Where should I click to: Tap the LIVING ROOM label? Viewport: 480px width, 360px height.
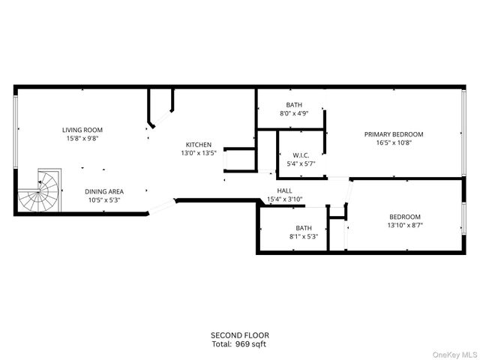[x=82, y=130]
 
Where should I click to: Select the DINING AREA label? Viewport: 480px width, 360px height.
[x=103, y=191]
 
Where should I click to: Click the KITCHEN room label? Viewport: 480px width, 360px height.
[x=199, y=145]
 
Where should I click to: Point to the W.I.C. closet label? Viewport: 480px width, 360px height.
[x=301, y=156]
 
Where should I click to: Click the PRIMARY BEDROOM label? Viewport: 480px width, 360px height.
[x=394, y=134]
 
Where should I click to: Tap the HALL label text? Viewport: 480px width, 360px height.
[x=285, y=190]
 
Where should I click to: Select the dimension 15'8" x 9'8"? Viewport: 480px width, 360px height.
[x=82, y=138]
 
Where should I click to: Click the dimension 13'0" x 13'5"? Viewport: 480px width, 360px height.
[x=199, y=153]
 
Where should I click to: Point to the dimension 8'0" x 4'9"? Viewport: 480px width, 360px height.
[x=294, y=113]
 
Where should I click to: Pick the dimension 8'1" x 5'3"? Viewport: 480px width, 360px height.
[x=303, y=236]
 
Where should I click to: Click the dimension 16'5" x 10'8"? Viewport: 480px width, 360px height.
[x=394, y=142]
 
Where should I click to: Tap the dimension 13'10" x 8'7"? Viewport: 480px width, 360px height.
[x=404, y=224]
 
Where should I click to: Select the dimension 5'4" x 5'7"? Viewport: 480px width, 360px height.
[x=301, y=163]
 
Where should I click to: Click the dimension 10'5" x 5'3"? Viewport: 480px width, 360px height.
[x=103, y=199]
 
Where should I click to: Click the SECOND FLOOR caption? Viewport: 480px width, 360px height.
[x=239, y=335]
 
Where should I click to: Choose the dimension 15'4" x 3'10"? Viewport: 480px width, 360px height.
[x=285, y=199]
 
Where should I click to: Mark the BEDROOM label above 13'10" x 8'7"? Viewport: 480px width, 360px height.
[x=404, y=216]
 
